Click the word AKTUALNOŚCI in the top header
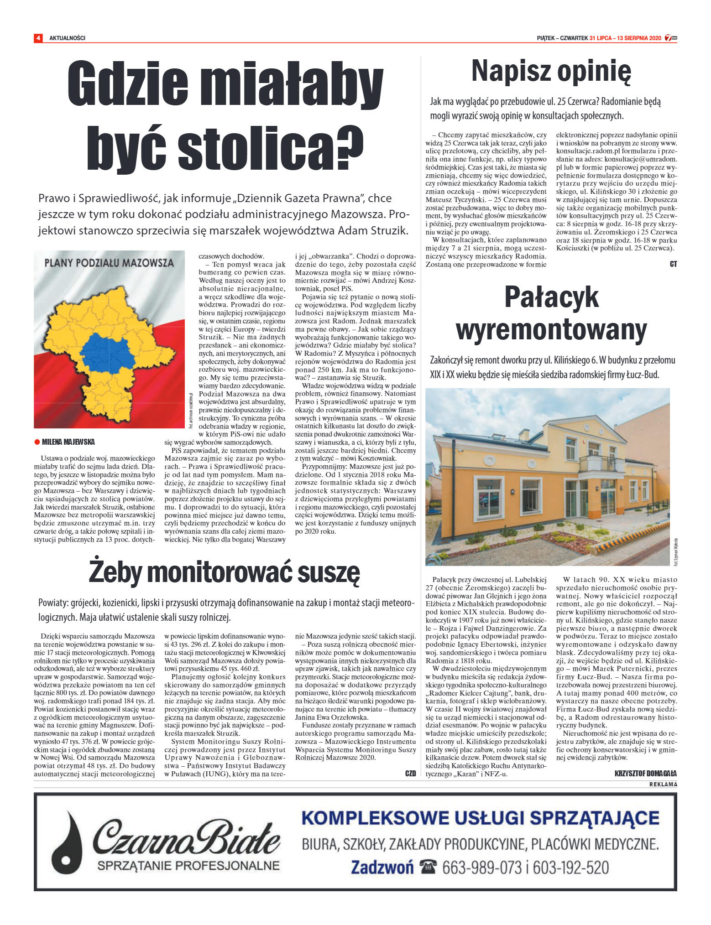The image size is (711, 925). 67,38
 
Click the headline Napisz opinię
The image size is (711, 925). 551,71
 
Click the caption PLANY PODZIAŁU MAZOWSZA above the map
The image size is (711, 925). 109,263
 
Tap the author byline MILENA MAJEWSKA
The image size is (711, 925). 68,442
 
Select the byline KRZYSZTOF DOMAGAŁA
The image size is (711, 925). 645,774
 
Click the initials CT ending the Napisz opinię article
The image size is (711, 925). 673,264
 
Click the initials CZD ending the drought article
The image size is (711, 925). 410,774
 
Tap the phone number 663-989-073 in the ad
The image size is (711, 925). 481,867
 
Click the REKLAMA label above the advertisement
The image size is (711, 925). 663,785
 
